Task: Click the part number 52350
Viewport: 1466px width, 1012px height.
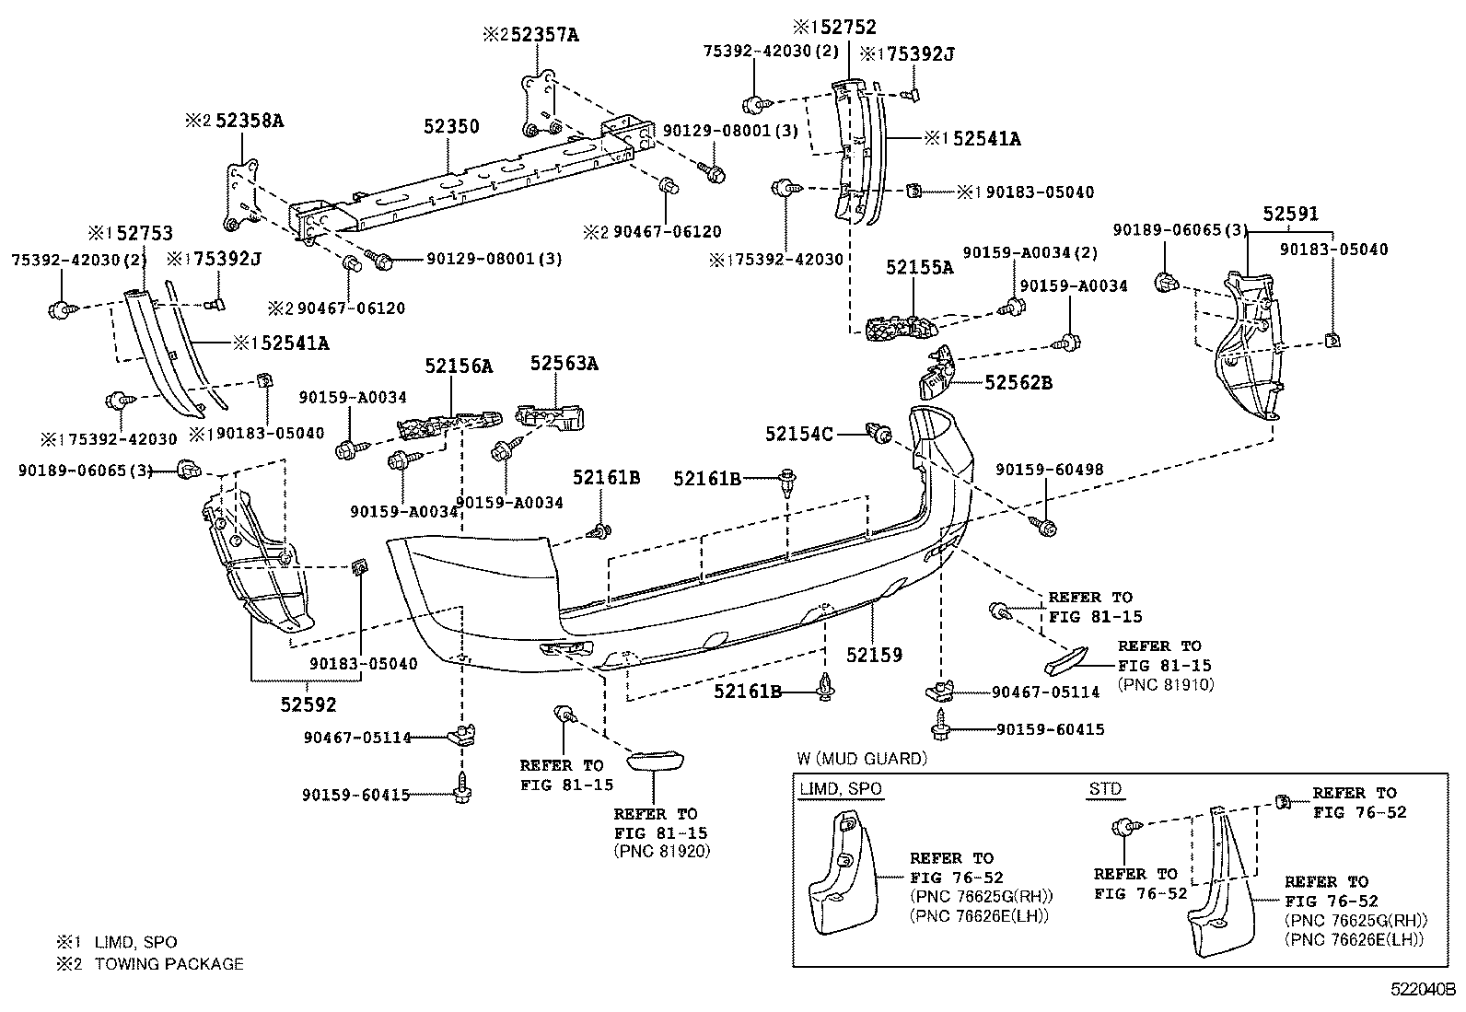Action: (x=451, y=126)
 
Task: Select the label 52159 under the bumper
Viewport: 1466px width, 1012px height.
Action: (x=875, y=655)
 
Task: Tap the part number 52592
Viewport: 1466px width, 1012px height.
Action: (x=308, y=704)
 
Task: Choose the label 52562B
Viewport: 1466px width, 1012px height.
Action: (x=1018, y=382)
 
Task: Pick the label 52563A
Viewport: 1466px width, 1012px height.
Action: (x=564, y=364)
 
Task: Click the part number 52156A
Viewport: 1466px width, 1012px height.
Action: (x=459, y=366)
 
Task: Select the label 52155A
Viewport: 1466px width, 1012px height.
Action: (x=920, y=267)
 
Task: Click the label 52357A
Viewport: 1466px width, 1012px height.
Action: (x=545, y=35)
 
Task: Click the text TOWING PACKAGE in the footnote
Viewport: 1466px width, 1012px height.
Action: (x=169, y=964)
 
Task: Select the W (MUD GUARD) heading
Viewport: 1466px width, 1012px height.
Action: (x=862, y=759)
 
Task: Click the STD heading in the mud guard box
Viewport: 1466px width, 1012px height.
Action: (x=1104, y=789)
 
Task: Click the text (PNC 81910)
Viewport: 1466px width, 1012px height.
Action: (x=1165, y=684)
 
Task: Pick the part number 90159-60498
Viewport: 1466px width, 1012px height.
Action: (x=1049, y=470)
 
